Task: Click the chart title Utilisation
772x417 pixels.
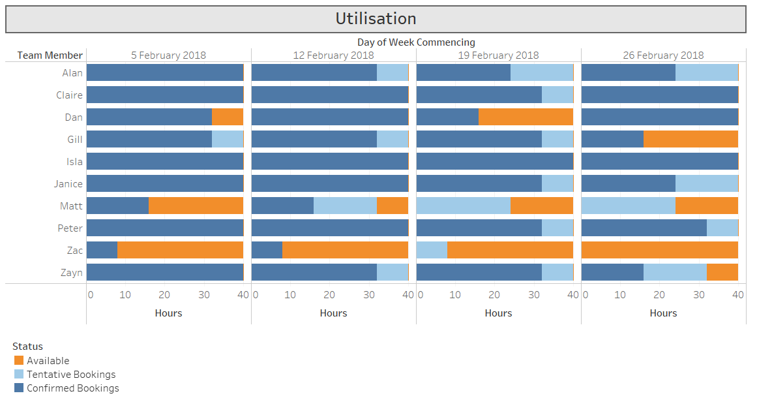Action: click(x=376, y=19)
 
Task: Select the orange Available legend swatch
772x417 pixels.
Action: click(x=19, y=360)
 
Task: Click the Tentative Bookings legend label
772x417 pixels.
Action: click(x=71, y=375)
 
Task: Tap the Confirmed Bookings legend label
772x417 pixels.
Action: click(x=72, y=388)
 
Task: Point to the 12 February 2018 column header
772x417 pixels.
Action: click(x=333, y=55)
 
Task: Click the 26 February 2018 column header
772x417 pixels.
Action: click(x=663, y=55)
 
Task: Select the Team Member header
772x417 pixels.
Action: click(x=50, y=55)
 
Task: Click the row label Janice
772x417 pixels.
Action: click(x=68, y=184)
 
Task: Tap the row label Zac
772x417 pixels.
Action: click(x=75, y=251)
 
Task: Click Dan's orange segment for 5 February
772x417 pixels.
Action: click(x=228, y=117)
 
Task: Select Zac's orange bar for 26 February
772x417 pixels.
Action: click(x=659, y=250)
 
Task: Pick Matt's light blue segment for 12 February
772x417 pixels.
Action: click(x=345, y=206)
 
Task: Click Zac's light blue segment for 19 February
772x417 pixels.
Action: click(x=432, y=250)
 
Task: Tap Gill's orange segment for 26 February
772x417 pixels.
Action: click(x=690, y=139)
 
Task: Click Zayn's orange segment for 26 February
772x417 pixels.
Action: click(x=722, y=272)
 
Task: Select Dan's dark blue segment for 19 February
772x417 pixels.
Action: click(x=447, y=117)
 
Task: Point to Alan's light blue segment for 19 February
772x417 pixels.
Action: click(x=542, y=72)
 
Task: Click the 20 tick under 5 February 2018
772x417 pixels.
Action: click(x=164, y=295)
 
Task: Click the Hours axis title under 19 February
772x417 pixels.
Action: click(x=498, y=313)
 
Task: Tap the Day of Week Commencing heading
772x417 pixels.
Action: click(x=416, y=42)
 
